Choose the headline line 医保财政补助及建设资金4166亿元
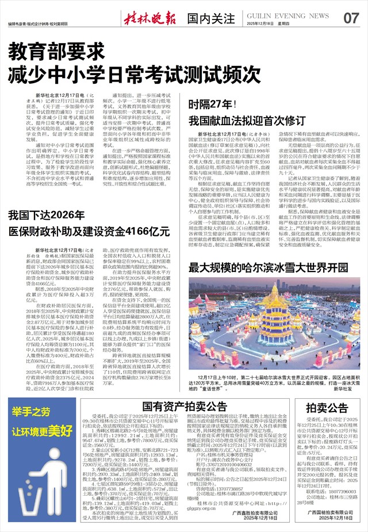tap(89, 231)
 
